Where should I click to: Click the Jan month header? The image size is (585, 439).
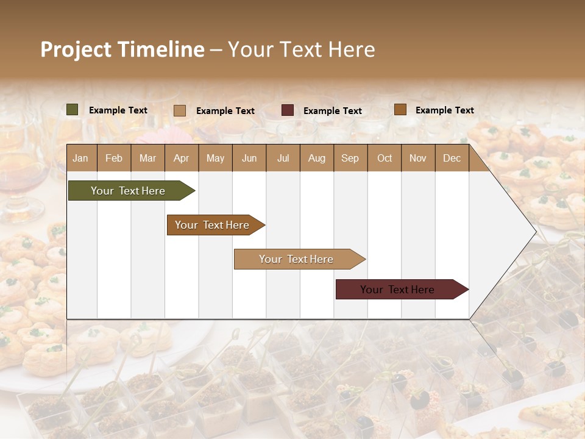80,158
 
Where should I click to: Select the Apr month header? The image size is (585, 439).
181,158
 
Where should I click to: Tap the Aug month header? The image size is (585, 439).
316,158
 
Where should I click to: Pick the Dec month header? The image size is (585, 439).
452,158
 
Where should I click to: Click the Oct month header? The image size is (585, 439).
384,158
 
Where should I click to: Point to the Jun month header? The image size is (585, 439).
249,158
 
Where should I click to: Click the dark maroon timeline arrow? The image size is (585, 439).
399,290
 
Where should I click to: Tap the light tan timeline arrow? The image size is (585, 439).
297,259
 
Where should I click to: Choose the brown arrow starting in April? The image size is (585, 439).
213,225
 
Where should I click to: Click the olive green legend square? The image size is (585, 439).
73,110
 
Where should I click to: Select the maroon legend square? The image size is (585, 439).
288,110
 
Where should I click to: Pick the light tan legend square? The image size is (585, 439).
180,110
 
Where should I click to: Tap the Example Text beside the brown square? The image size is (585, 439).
444,110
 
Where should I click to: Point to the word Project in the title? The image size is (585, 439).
76,49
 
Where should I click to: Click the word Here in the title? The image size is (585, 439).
351,49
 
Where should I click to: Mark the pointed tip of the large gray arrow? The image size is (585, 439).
535,232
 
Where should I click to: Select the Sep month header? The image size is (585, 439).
350,158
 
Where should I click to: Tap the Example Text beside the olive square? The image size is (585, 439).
118,110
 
